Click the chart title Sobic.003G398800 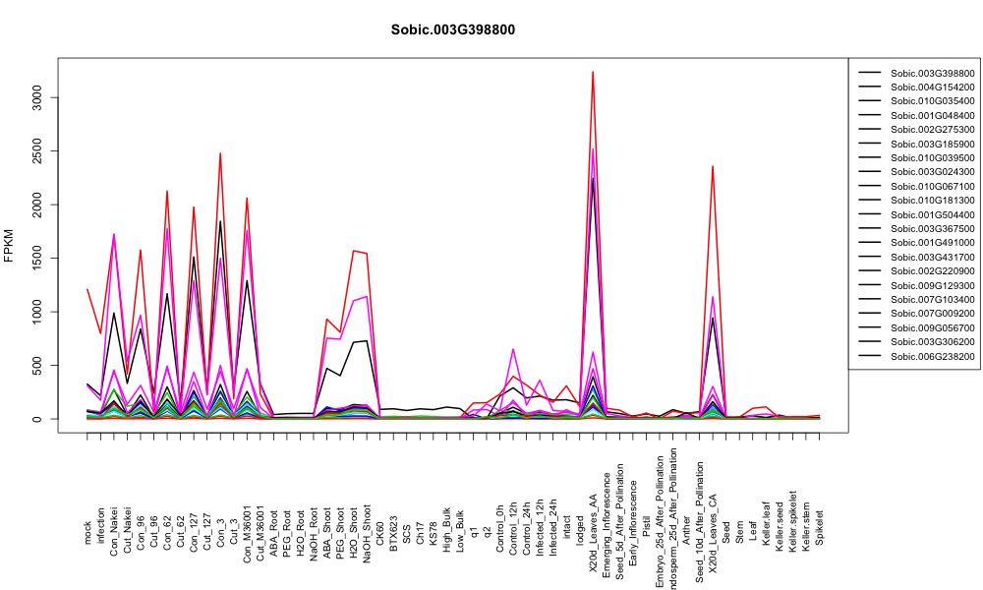[x=452, y=29]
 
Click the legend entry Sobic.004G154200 [x=932, y=88]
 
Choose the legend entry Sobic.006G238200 [x=932, y=356]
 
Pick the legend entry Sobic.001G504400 [x=932, y=214]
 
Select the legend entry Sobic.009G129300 [x=932, y=285]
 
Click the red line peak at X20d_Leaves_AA [x=593, y=72]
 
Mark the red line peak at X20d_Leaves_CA [x=712, y=166]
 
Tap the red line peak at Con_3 [x=220, y=153]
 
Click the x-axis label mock [x=87, y=533]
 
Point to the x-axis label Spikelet [x=819, y=527]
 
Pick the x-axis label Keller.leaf [x=766, y=523]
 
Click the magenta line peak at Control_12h [x=513, y=349]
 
